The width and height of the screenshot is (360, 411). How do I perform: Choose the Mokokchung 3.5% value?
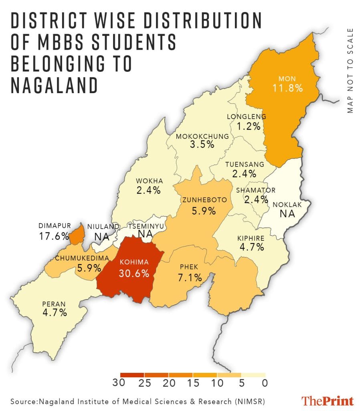(202, 145)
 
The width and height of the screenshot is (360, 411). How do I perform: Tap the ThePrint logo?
(328, 401)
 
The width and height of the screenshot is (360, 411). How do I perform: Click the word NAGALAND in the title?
(54, 85)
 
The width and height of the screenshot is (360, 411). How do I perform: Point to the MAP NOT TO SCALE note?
(350, 71)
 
